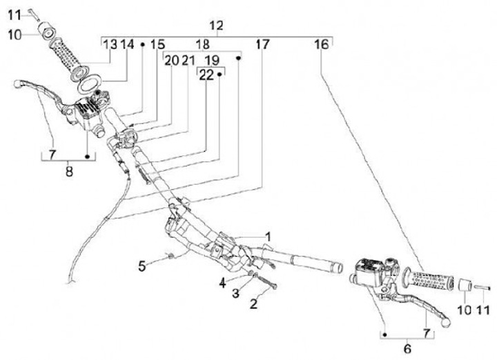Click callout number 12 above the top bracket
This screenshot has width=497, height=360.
[x=217, y=26]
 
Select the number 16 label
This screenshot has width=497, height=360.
[x=322, y=45]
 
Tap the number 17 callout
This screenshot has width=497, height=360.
[x=262, y=45]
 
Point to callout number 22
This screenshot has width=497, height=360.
[x=206, y=76]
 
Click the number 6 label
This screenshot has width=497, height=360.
[x=407, y=350]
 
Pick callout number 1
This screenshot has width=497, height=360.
[x=269, y=235]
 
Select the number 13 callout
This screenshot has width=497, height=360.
[x=110, y=45]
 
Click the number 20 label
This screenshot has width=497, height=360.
[x=170, y=61]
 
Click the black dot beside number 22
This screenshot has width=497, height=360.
[x=220, y=74]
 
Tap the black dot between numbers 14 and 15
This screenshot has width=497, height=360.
[x=142, y=44]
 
